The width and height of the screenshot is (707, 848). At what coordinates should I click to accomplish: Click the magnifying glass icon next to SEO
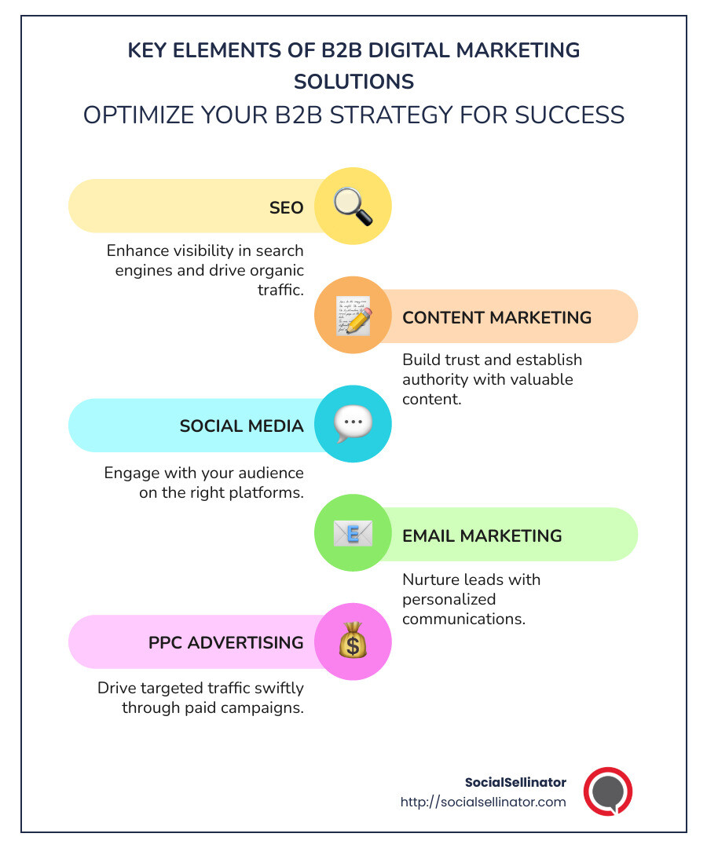(353, 206)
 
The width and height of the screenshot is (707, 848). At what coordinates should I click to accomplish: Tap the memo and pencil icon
(353, 316)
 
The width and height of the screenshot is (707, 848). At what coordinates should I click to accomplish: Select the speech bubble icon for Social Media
(353, 424)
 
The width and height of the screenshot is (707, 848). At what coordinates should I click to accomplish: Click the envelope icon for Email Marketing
(353, 534)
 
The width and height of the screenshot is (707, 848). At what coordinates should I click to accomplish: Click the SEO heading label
(286, 207)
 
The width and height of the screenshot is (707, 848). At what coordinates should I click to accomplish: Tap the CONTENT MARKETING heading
(496, 317)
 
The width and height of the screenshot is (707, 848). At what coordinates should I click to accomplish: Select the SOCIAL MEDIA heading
(241, 426)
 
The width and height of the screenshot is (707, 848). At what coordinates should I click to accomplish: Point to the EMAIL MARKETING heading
(482, 535)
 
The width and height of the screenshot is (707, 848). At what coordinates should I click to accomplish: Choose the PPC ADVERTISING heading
(226, 642)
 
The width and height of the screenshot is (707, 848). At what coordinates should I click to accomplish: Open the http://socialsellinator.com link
(482, 802)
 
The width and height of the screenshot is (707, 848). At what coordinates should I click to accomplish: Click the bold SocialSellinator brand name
(515, 782)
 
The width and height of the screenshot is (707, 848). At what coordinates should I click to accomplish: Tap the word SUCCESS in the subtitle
(570, 115)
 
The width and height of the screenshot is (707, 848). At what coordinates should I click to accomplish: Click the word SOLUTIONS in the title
(353, 81)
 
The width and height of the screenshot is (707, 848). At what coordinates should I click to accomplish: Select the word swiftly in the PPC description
(274, 688)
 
